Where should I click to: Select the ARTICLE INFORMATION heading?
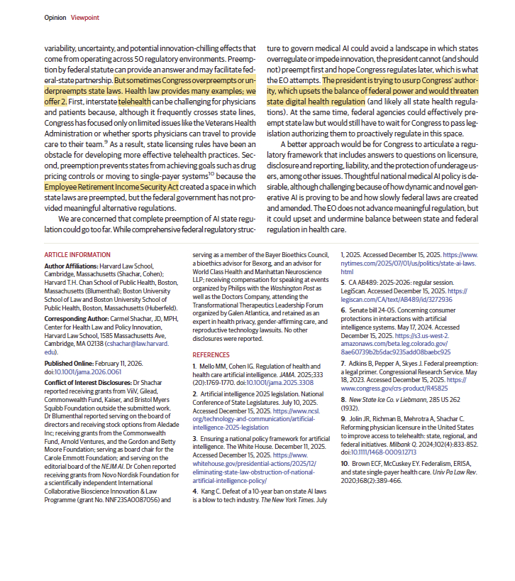click(x=77, y=254)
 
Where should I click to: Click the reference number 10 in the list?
click(x=345, y=462)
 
